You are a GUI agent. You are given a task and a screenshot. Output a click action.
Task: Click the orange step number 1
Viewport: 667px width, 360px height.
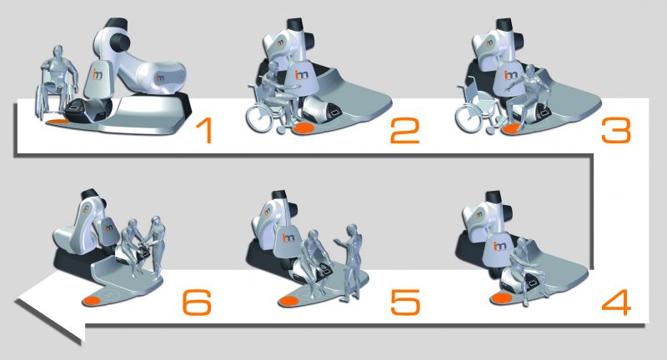[x=203, y=131]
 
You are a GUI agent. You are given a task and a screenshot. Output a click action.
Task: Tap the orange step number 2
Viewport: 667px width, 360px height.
[x=404, y=131]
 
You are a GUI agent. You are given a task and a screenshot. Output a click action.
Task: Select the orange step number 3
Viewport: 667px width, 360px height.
[x=615, y=131]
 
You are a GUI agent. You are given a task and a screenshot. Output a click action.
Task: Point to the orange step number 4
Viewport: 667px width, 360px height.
[x=616, y=302]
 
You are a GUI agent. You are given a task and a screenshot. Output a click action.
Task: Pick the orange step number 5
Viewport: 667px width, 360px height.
[x=405, y=302]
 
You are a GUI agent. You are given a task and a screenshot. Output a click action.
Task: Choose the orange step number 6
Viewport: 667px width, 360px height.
[x=197, y=302]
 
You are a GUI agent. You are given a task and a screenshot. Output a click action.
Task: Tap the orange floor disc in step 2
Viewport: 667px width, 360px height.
[x=304, y=128]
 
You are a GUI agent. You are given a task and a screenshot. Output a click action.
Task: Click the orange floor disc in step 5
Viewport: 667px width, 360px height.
[x=288, y=302]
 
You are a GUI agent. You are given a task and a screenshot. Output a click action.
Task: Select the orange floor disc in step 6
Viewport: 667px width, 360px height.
[x=92, y=301]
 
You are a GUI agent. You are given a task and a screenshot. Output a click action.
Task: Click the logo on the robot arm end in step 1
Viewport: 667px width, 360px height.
[x=160, y=77]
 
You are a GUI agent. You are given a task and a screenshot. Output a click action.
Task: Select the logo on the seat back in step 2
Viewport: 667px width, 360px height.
[x=302, y=75]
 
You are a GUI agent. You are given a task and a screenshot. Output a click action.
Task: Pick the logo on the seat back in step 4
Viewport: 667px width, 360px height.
[x=499, y=246]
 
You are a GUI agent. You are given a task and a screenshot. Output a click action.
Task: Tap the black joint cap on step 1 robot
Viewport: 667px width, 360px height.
[x=119, y=42]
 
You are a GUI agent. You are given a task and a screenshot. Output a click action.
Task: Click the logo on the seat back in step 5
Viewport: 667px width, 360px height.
[x=288, y=237]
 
